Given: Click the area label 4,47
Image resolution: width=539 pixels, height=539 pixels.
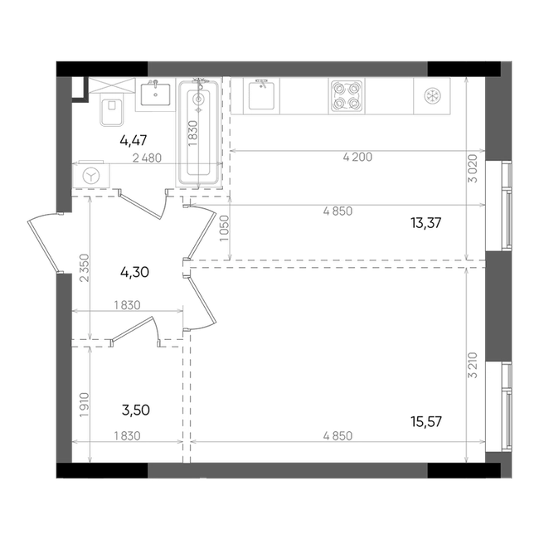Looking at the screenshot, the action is click(134, 140).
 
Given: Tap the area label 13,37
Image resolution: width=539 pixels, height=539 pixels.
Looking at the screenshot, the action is click(426, 223).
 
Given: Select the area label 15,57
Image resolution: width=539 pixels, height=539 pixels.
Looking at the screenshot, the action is click(426, 421).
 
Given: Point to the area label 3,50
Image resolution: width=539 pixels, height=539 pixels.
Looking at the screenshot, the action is click(136, 410).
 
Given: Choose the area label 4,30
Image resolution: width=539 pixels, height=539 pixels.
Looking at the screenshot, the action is click(134, 272).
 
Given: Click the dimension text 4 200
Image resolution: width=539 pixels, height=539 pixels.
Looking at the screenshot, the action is click(357, 157).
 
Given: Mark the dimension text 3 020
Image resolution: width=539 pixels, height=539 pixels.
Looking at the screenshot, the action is click(473, 168).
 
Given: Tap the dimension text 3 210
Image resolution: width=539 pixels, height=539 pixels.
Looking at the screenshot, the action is click(473, 365).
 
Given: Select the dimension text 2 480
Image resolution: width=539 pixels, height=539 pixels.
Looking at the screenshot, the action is click(147, 158).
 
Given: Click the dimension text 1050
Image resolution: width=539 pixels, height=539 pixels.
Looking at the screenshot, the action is click(224, 228).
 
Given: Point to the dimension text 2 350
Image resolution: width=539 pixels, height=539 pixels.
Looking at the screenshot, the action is click(85, 268).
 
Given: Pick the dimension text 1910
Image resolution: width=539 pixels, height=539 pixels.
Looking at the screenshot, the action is click(85, 405).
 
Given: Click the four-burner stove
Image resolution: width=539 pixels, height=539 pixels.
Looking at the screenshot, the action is click(346, 96).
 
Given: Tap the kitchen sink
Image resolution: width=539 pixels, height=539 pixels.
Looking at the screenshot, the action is click(261, 95).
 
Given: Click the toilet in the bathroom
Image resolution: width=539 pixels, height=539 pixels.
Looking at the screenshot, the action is click(111, 109).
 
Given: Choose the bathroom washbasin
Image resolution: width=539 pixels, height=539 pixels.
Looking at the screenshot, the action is click(155, 94).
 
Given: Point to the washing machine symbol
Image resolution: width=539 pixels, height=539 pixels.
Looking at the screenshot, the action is click(91, 176).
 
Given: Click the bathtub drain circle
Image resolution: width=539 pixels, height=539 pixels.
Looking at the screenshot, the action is click(198, 100).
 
